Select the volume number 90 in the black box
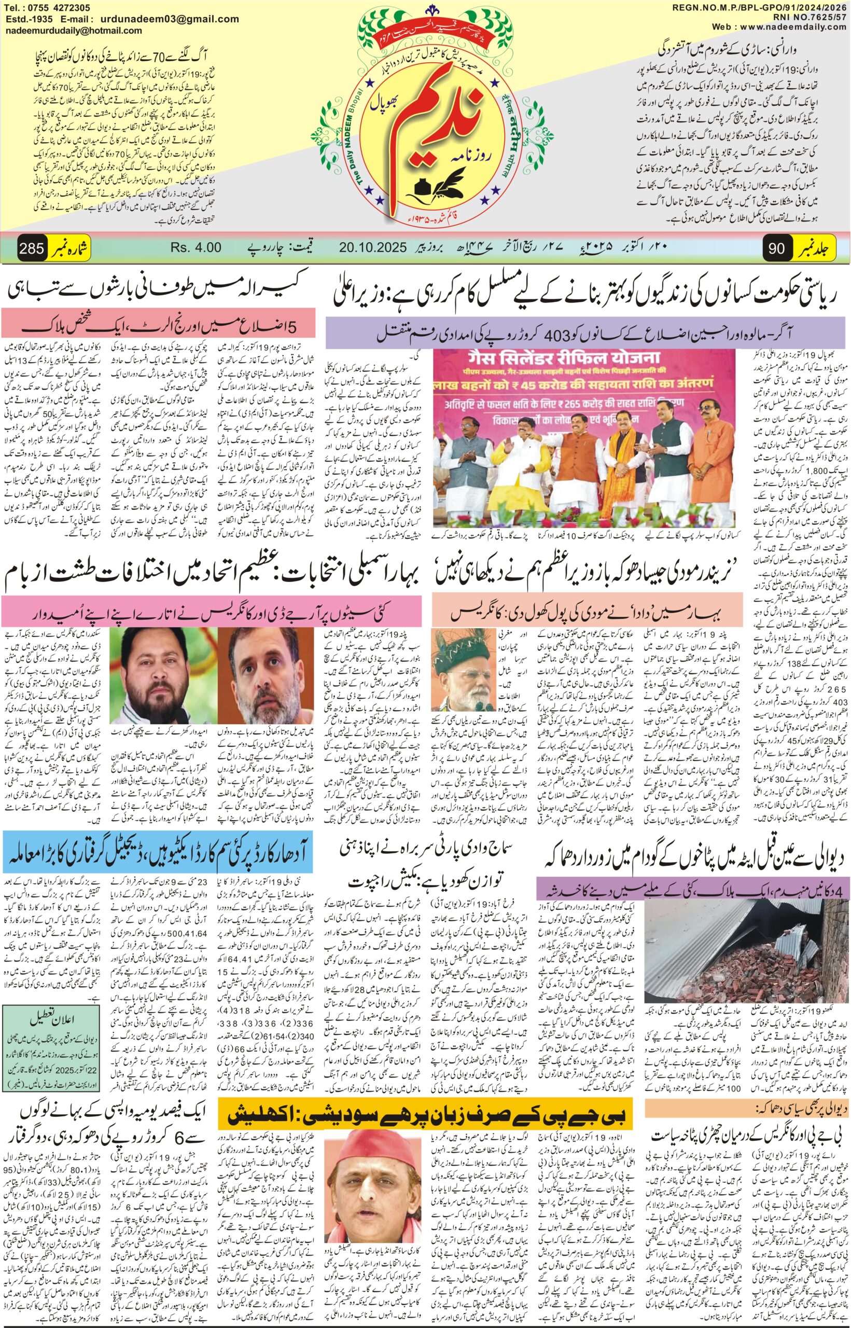pyautogui.click(x=777, y=247)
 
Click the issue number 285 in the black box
pyautogui.click(x=32, y=247)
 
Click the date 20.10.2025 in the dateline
pyautogui.click(x=374, y=247)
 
